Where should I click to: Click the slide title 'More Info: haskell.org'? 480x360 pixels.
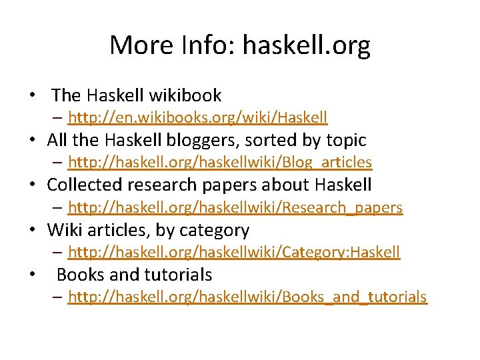240,45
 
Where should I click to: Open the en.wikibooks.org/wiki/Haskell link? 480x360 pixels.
197,118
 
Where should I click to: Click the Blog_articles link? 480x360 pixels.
219,162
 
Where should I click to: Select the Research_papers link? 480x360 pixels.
235,207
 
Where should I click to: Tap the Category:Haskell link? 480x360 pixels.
233,252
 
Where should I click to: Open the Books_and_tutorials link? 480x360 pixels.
247,297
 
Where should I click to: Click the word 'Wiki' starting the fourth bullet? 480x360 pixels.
63,230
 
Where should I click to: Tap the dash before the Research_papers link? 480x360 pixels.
58,207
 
